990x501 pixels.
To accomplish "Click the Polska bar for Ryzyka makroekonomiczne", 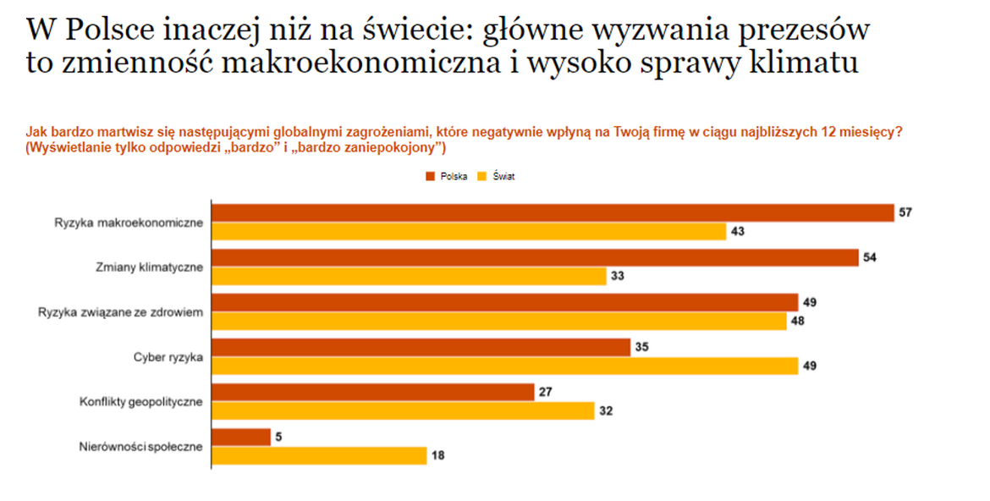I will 552,212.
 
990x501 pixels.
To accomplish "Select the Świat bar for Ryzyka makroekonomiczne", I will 468,231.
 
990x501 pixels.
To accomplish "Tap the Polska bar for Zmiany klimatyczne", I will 534,257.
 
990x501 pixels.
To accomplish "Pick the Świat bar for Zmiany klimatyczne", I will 408,276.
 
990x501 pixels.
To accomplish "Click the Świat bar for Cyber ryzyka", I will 504,366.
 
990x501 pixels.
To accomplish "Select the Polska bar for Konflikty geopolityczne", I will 372,392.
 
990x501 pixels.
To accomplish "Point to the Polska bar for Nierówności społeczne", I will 240,437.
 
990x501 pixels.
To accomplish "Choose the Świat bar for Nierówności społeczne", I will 318,455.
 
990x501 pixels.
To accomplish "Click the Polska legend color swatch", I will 430,177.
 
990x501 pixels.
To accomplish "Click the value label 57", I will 905,212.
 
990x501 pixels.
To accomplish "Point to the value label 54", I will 869,257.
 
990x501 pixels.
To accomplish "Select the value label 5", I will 278,437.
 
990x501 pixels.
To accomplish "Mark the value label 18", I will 437,455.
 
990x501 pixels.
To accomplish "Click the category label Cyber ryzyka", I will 168,357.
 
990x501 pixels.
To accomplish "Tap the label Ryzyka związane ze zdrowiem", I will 120,312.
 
